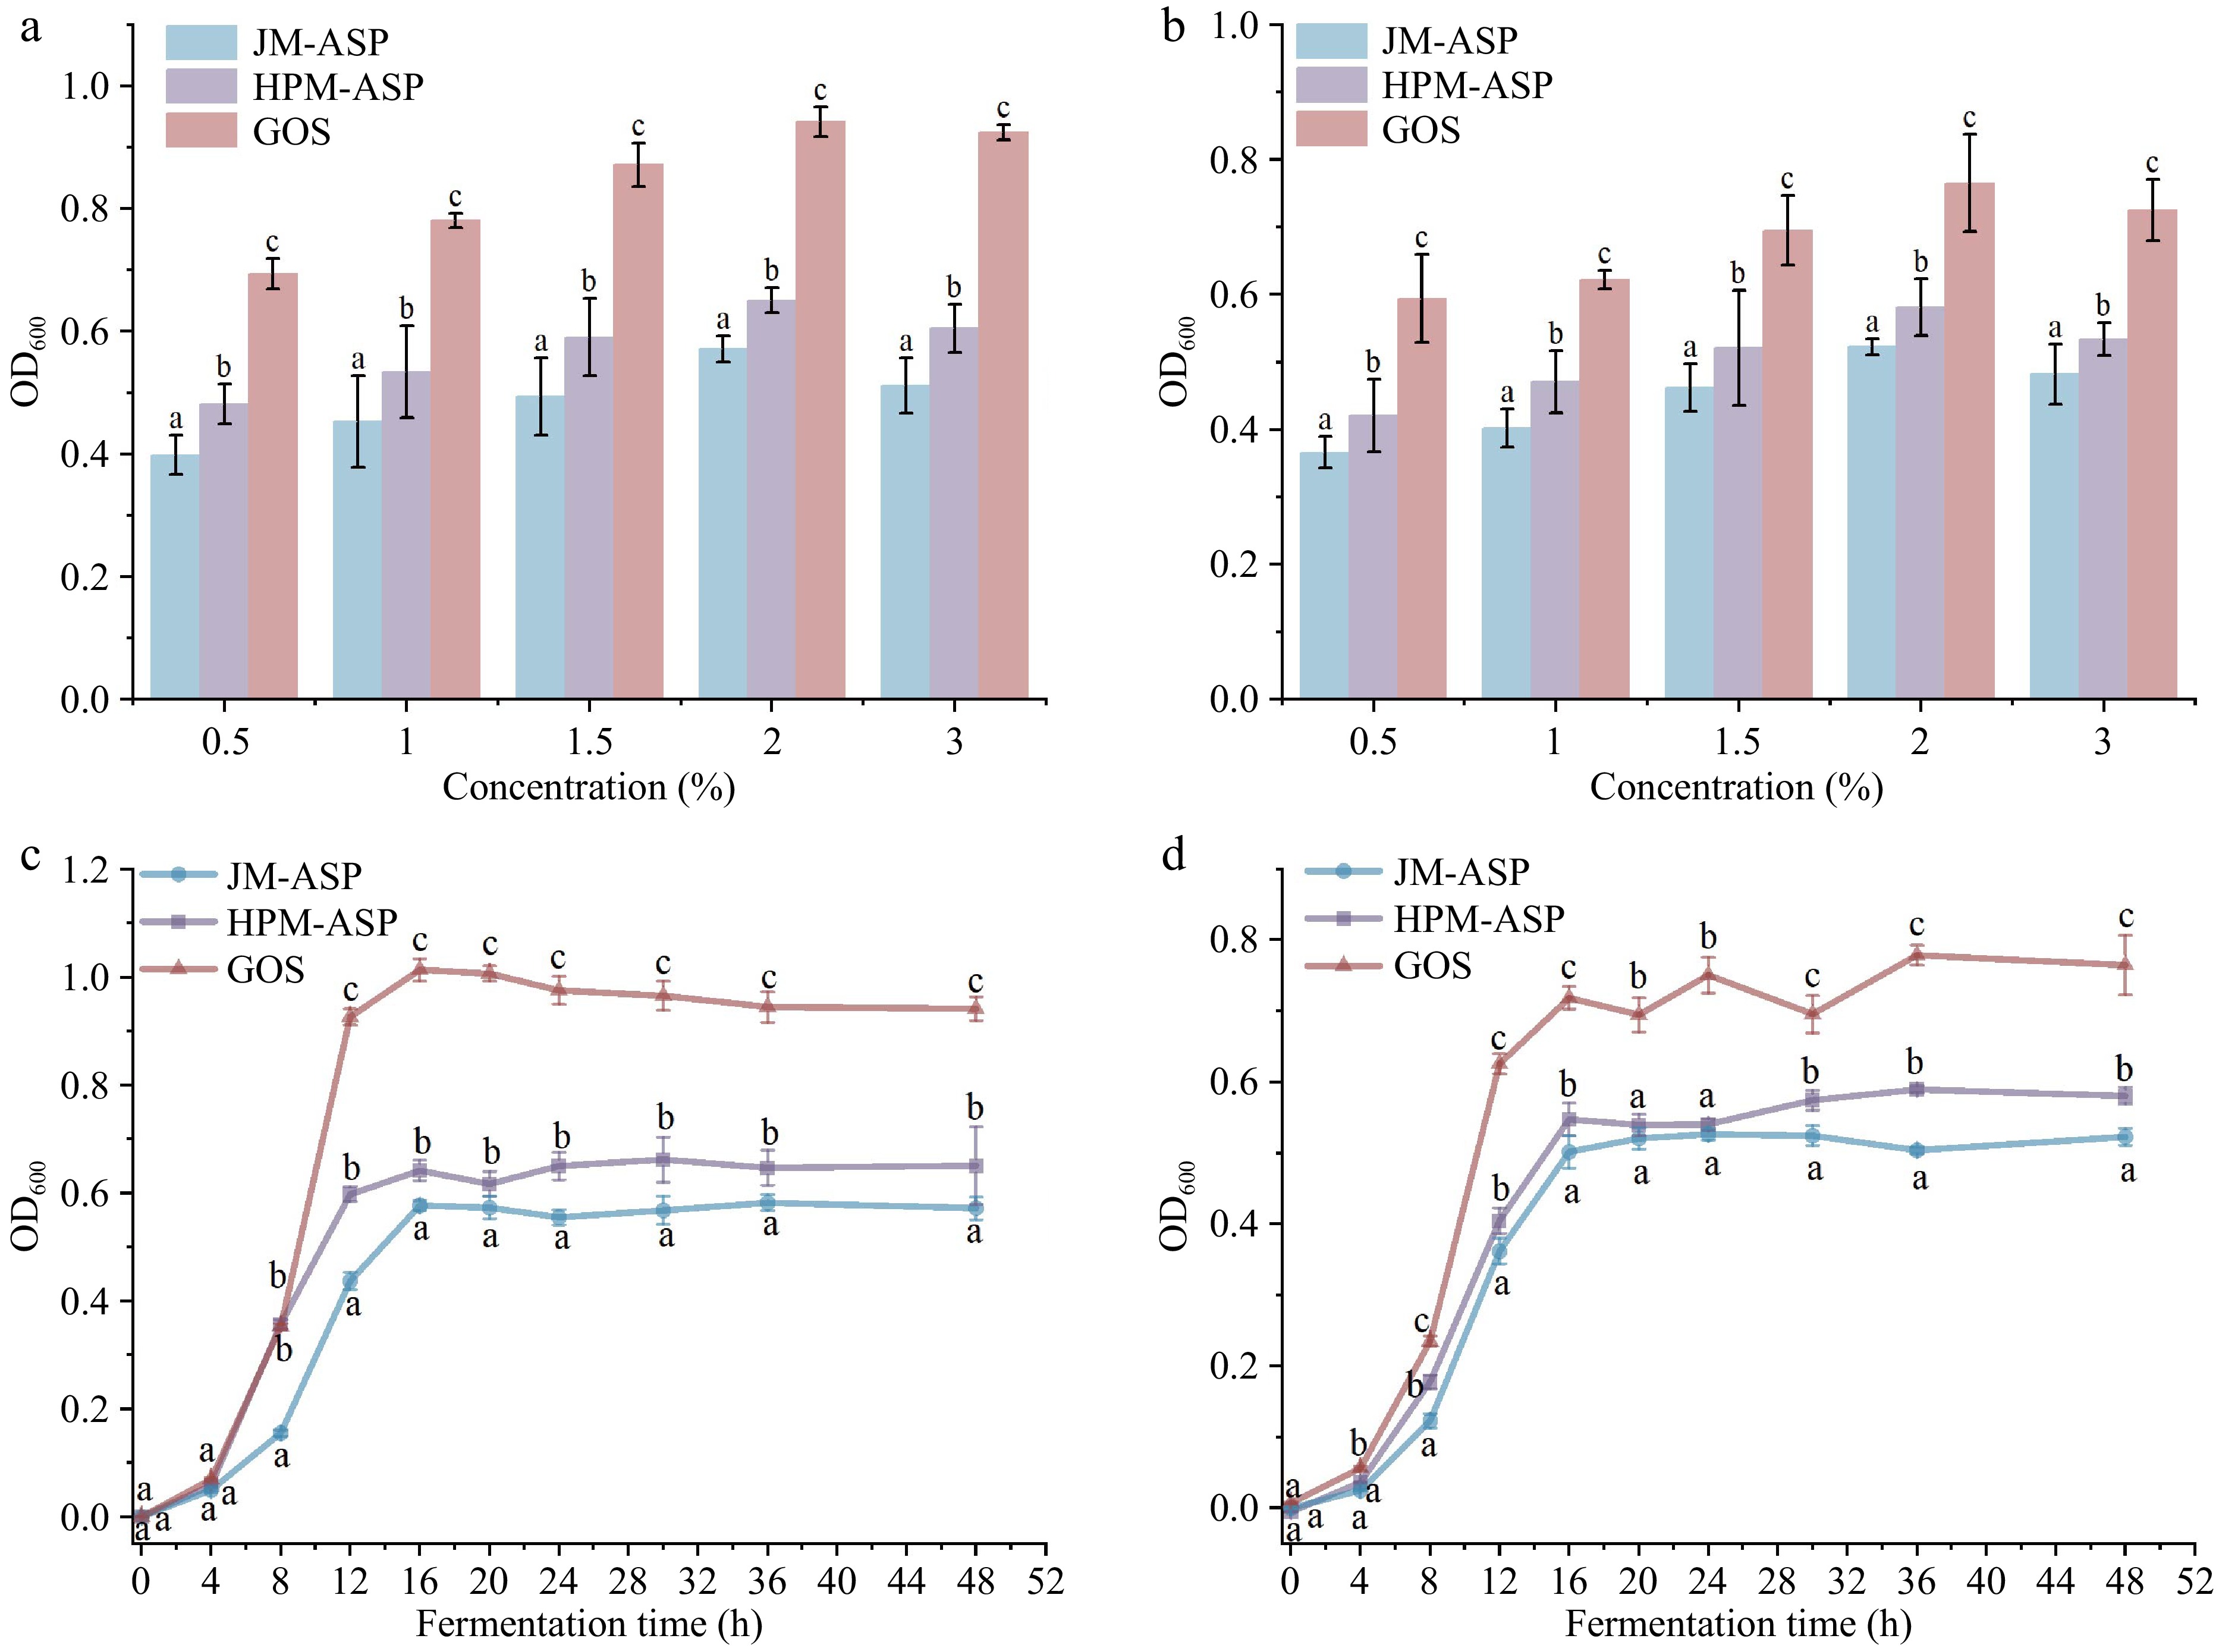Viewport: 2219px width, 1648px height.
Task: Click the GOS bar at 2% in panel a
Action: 820,409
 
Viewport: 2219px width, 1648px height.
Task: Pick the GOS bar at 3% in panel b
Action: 2152,454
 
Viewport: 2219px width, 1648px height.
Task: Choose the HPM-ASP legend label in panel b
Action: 1466,86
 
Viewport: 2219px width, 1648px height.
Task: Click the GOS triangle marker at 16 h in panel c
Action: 420,969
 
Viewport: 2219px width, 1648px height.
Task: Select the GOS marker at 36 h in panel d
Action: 1916,955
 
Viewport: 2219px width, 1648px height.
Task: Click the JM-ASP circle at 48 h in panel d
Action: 2124,1137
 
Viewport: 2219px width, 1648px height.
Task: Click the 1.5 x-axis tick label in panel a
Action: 589,742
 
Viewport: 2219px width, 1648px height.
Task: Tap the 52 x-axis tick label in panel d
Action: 2193,1581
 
